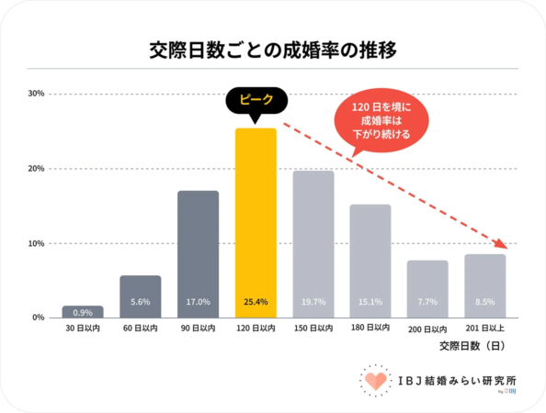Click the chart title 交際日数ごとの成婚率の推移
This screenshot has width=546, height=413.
coord(273,50)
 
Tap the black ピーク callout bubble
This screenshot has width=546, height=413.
coord(256,100)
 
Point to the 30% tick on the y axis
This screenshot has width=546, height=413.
coord(37,94)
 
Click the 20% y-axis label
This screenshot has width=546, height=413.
coord(37,169)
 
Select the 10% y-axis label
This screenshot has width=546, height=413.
coord(37,243)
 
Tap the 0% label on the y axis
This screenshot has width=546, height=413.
coord(39,318)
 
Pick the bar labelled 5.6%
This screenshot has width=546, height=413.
coord(141,296)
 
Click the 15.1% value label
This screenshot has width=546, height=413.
coord(370,302)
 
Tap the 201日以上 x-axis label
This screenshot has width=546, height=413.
coord(485,328)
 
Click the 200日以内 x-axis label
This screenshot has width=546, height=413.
coord(427,328)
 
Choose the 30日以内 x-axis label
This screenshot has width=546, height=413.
coord(83,328)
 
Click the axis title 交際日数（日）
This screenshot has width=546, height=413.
coord(471,346)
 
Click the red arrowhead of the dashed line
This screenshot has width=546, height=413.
coord(501,244)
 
